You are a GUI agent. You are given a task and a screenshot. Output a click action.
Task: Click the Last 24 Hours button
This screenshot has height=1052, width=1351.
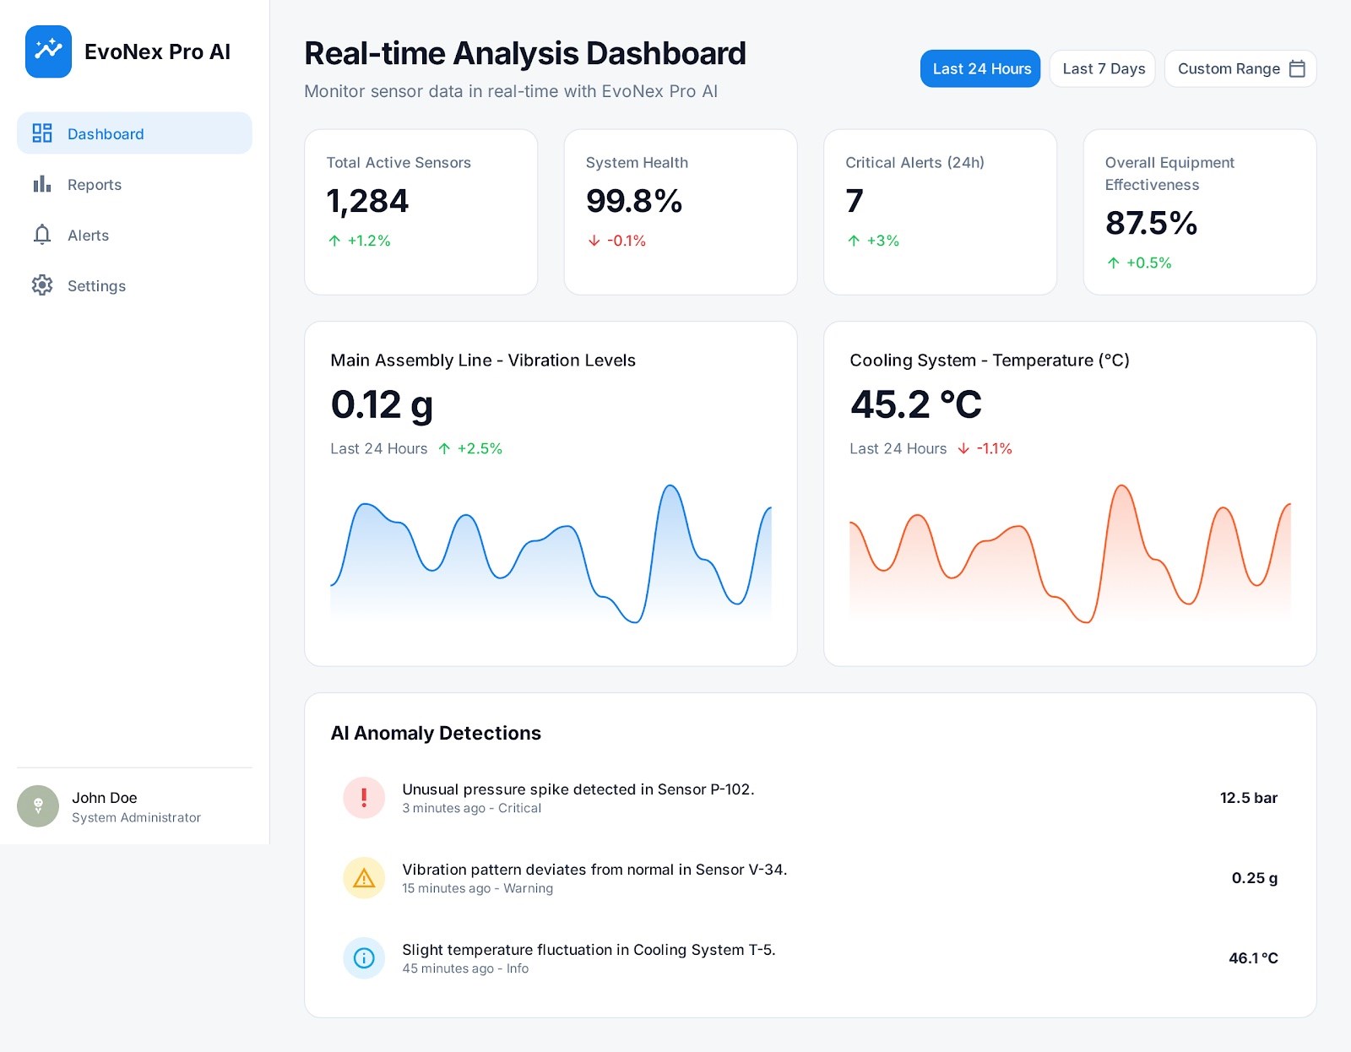click(980, 68)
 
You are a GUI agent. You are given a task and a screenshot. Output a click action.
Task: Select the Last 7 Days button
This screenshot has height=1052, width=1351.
click(1103, 68)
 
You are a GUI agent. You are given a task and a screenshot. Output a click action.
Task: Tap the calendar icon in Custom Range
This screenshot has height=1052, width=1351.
click(1298, 68)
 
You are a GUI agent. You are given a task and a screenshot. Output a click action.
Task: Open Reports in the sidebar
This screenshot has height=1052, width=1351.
click(94, 185)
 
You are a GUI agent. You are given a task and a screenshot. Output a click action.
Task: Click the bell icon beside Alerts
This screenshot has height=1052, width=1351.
click(42, 235)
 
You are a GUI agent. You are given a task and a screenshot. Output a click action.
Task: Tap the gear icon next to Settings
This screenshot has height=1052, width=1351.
click(42, 285)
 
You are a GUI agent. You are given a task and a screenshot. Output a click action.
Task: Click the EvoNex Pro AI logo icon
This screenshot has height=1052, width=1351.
click(48, 52)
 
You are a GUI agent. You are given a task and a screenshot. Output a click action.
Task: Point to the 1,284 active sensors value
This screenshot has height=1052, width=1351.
click(367, 201)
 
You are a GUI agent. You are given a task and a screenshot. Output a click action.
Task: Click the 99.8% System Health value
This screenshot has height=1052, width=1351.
click(633, 201)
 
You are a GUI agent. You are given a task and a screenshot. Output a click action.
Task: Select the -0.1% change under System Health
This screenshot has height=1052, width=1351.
click(626, 241)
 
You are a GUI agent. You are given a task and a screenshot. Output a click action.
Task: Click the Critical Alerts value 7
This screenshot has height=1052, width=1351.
click(855, 201)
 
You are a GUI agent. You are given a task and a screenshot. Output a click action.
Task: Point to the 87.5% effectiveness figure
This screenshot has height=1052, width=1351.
click(1151, 223)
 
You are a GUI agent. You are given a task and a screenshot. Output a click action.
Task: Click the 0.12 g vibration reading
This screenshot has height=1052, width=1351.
click(382, 404)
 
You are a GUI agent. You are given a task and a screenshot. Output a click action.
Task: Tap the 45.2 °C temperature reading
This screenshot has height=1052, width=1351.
click(916, 404)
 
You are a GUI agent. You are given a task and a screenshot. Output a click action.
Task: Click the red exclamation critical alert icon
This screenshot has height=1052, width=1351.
click(364, 798)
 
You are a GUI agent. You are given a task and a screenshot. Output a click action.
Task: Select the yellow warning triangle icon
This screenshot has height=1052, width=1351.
click(364, 878)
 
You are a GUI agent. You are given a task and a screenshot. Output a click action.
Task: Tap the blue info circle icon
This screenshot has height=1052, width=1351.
click(364, 958)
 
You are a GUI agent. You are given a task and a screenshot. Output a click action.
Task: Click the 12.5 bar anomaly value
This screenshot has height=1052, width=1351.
click(1248, 798)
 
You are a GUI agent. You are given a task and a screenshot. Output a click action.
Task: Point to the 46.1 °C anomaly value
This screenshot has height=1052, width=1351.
click(1253, 958)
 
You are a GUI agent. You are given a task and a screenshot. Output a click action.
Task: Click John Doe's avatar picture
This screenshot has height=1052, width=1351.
click(38, 806)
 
